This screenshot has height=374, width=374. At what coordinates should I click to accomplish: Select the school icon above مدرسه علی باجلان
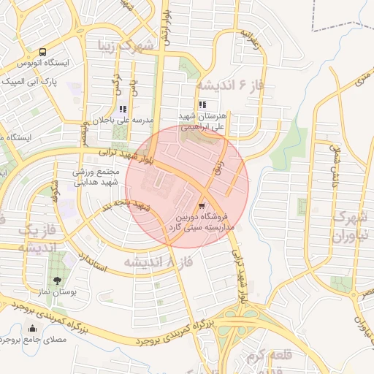click(122, 108)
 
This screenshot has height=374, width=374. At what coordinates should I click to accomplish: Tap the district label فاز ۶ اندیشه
click(226, 85)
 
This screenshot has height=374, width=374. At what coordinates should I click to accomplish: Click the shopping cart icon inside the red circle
click(202, 205)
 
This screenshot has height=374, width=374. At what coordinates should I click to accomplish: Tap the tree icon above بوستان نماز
click(57, 280)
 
